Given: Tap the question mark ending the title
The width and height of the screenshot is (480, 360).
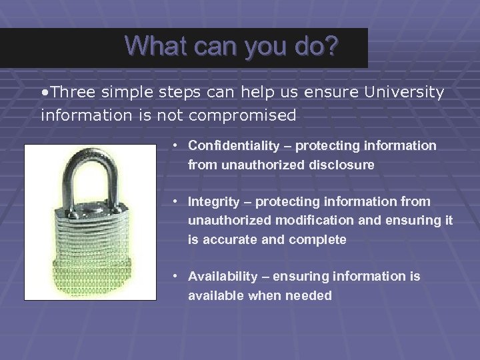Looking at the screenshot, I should coord(331,46).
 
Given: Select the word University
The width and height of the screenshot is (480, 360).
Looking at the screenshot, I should coord(404,92).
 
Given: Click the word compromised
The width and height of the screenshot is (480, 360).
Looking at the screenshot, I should coord(243,115).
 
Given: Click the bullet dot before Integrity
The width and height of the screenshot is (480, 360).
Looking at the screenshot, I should coord(174,201).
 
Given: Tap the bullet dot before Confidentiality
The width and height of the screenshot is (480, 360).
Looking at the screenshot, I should coord(174,145).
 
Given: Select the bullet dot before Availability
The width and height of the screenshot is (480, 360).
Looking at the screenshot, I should coord(174,276).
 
